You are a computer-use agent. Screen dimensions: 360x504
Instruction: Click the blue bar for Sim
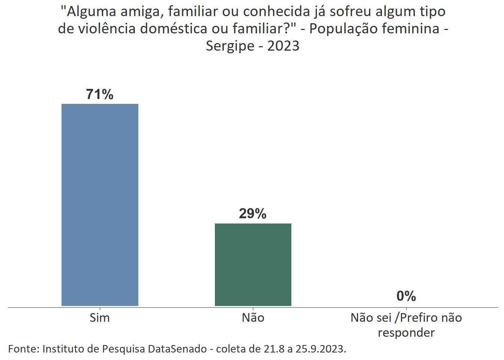100,205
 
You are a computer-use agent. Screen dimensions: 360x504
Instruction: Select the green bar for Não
253,264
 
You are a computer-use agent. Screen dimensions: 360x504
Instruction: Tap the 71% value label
100,94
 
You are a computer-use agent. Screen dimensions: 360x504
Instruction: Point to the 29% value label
253,214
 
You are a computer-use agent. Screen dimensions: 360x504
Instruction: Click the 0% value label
406,296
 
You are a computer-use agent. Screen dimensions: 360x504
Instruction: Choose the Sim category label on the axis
100,318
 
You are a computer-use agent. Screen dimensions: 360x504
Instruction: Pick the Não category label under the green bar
253,318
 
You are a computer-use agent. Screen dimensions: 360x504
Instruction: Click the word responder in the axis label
406,333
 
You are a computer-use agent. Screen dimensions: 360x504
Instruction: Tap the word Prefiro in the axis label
418,318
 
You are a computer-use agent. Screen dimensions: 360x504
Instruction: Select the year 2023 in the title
283,46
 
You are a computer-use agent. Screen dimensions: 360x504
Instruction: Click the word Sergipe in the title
230,46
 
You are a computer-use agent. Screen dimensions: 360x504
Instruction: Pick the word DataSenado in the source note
177,349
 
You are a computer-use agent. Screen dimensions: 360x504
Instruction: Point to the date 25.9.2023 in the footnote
320,349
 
